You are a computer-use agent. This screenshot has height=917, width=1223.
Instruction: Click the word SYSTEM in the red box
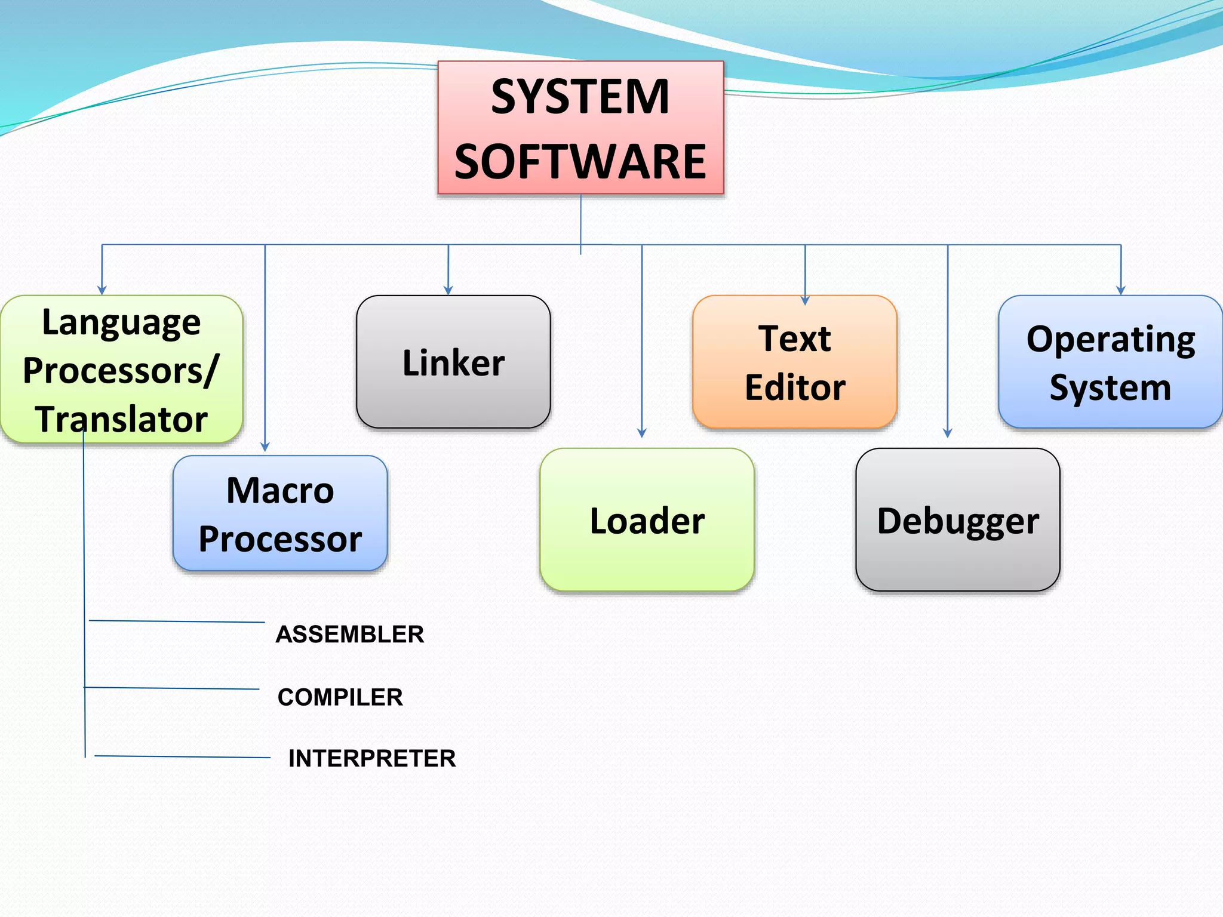click(x=580, y=97)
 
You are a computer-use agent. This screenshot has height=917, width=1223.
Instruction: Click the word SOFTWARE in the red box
click(x=580, y=162)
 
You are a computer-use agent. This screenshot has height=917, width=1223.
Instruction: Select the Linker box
click(x=453, y=362)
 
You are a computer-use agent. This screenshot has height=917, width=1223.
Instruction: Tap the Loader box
click(x=647, y=521)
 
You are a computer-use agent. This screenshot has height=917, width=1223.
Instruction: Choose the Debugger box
click(x=957, y=521)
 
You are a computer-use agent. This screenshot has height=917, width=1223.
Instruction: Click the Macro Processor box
click(x=280, y=514)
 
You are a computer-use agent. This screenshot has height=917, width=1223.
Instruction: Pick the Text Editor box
click(x=795, y=362)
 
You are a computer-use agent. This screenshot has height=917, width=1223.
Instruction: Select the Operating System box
click(x=1110, y=362)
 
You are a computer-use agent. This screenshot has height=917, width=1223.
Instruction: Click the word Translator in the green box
click(x=121, y=419)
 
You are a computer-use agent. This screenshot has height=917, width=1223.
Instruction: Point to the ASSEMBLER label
click(x=349, y=634)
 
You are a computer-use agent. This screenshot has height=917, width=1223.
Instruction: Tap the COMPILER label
click(x=340, y=697)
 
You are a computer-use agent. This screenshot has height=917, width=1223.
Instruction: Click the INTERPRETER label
click(x=371, y=759)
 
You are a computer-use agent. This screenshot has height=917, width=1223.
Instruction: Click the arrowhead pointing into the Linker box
click(x=448, y=290)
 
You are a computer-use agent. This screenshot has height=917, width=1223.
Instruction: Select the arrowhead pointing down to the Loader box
click(x=642, y=433)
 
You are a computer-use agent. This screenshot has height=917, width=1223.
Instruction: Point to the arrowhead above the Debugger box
click(x=948, y=433)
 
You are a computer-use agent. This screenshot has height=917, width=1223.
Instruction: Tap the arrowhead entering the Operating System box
click(x=1121, y=290)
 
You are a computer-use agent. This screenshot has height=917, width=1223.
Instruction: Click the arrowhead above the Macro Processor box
click(x=265, y=446)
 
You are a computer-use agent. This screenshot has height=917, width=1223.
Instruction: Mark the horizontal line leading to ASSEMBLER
click(x=176, y=621)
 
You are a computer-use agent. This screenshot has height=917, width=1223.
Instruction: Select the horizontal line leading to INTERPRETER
click(x=182, y=757)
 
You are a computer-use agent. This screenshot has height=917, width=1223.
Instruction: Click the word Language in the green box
click(x=121, y=323)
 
